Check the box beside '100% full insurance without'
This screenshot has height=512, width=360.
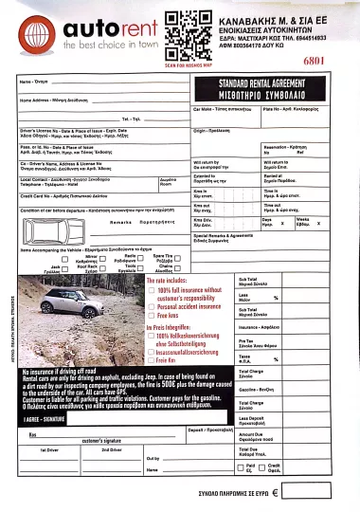click(153, 289)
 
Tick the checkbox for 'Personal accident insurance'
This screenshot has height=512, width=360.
click(153, 306)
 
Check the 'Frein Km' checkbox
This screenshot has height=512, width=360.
click(153, 361)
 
